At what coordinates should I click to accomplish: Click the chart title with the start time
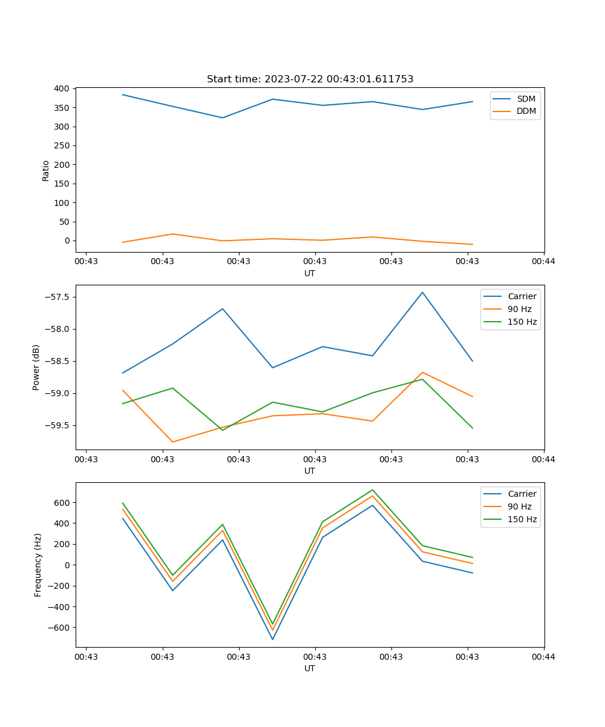tap(310, 79)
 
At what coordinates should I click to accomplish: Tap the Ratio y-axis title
tap(46, 170)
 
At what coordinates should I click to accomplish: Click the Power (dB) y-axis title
tap(36, 367)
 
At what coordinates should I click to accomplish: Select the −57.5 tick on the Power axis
tap(57, 297)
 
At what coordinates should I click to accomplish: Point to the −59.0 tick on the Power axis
tap(57, 393)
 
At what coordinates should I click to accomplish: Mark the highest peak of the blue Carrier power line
tap(422, 292)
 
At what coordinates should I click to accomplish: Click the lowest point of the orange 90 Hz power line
tap(172, 442)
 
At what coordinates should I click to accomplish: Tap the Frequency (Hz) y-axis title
tap(38, 565)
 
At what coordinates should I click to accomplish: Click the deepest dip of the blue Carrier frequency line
tap(272, 639)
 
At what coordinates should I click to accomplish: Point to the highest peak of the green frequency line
tap(373, 490)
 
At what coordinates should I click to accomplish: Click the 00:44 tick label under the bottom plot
tap(543, 657)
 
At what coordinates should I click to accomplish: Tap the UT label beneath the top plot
tap(310, 273)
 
